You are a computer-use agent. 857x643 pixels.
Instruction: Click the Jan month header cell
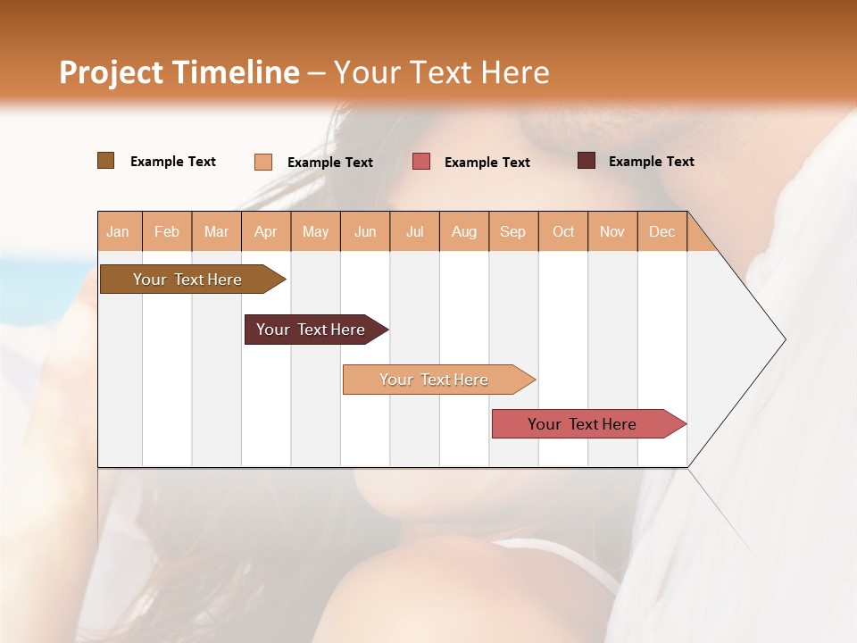tap(119, 231)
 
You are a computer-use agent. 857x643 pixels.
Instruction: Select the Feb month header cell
tap(167, 231)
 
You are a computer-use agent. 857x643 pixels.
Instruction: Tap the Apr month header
tap(266, 231)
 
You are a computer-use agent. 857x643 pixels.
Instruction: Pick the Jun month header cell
tap(365, 231)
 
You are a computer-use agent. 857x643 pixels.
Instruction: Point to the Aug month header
tap(464, 231)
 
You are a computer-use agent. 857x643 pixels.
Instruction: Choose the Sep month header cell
tap(513, 231)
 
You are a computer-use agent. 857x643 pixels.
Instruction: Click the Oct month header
tap(563, 231)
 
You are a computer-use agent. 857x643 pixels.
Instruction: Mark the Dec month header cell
tap(662, 231)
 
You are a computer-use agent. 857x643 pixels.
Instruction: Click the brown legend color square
tap(106, 161)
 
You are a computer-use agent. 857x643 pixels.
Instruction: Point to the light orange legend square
tap(263, 162)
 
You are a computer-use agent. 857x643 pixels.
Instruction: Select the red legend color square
tap(421, 162)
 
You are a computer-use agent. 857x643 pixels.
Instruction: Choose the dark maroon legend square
tap(587, 161)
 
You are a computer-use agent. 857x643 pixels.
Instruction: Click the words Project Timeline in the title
tap(179, 72)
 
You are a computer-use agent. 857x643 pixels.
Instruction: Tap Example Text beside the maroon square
tap(652, 162)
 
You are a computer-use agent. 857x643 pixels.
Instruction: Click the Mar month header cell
tap(216, 231)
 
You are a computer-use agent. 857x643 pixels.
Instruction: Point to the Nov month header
tap(612, 231)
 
